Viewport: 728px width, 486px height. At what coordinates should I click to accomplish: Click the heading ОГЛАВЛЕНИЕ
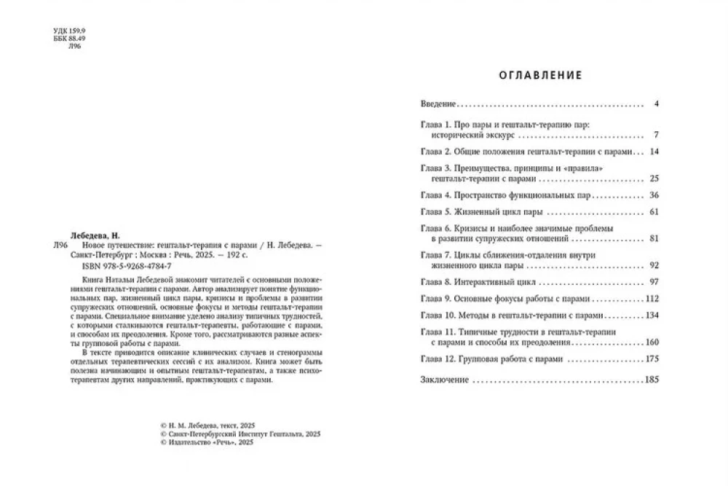tap(540, 74)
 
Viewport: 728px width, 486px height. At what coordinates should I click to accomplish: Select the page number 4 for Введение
tap(656, 104)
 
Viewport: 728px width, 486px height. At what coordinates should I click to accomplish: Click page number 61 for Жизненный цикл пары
tap(653, 212)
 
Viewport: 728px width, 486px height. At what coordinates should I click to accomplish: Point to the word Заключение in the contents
tap(445, 380)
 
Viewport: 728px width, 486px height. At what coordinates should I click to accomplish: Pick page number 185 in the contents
tap(651, 380)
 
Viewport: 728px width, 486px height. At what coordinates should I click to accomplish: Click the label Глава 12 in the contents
tap(438, 358)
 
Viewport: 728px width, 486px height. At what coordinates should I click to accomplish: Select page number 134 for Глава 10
tap(651, 316)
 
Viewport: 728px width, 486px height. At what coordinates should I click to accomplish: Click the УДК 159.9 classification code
tap(70, 31)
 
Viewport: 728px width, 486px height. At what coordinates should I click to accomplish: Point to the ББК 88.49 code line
tap(70, 39)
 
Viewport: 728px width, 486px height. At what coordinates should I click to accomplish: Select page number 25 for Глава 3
tap(653, 178)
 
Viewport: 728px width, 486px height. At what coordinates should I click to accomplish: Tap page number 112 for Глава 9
tap(651, 299)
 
